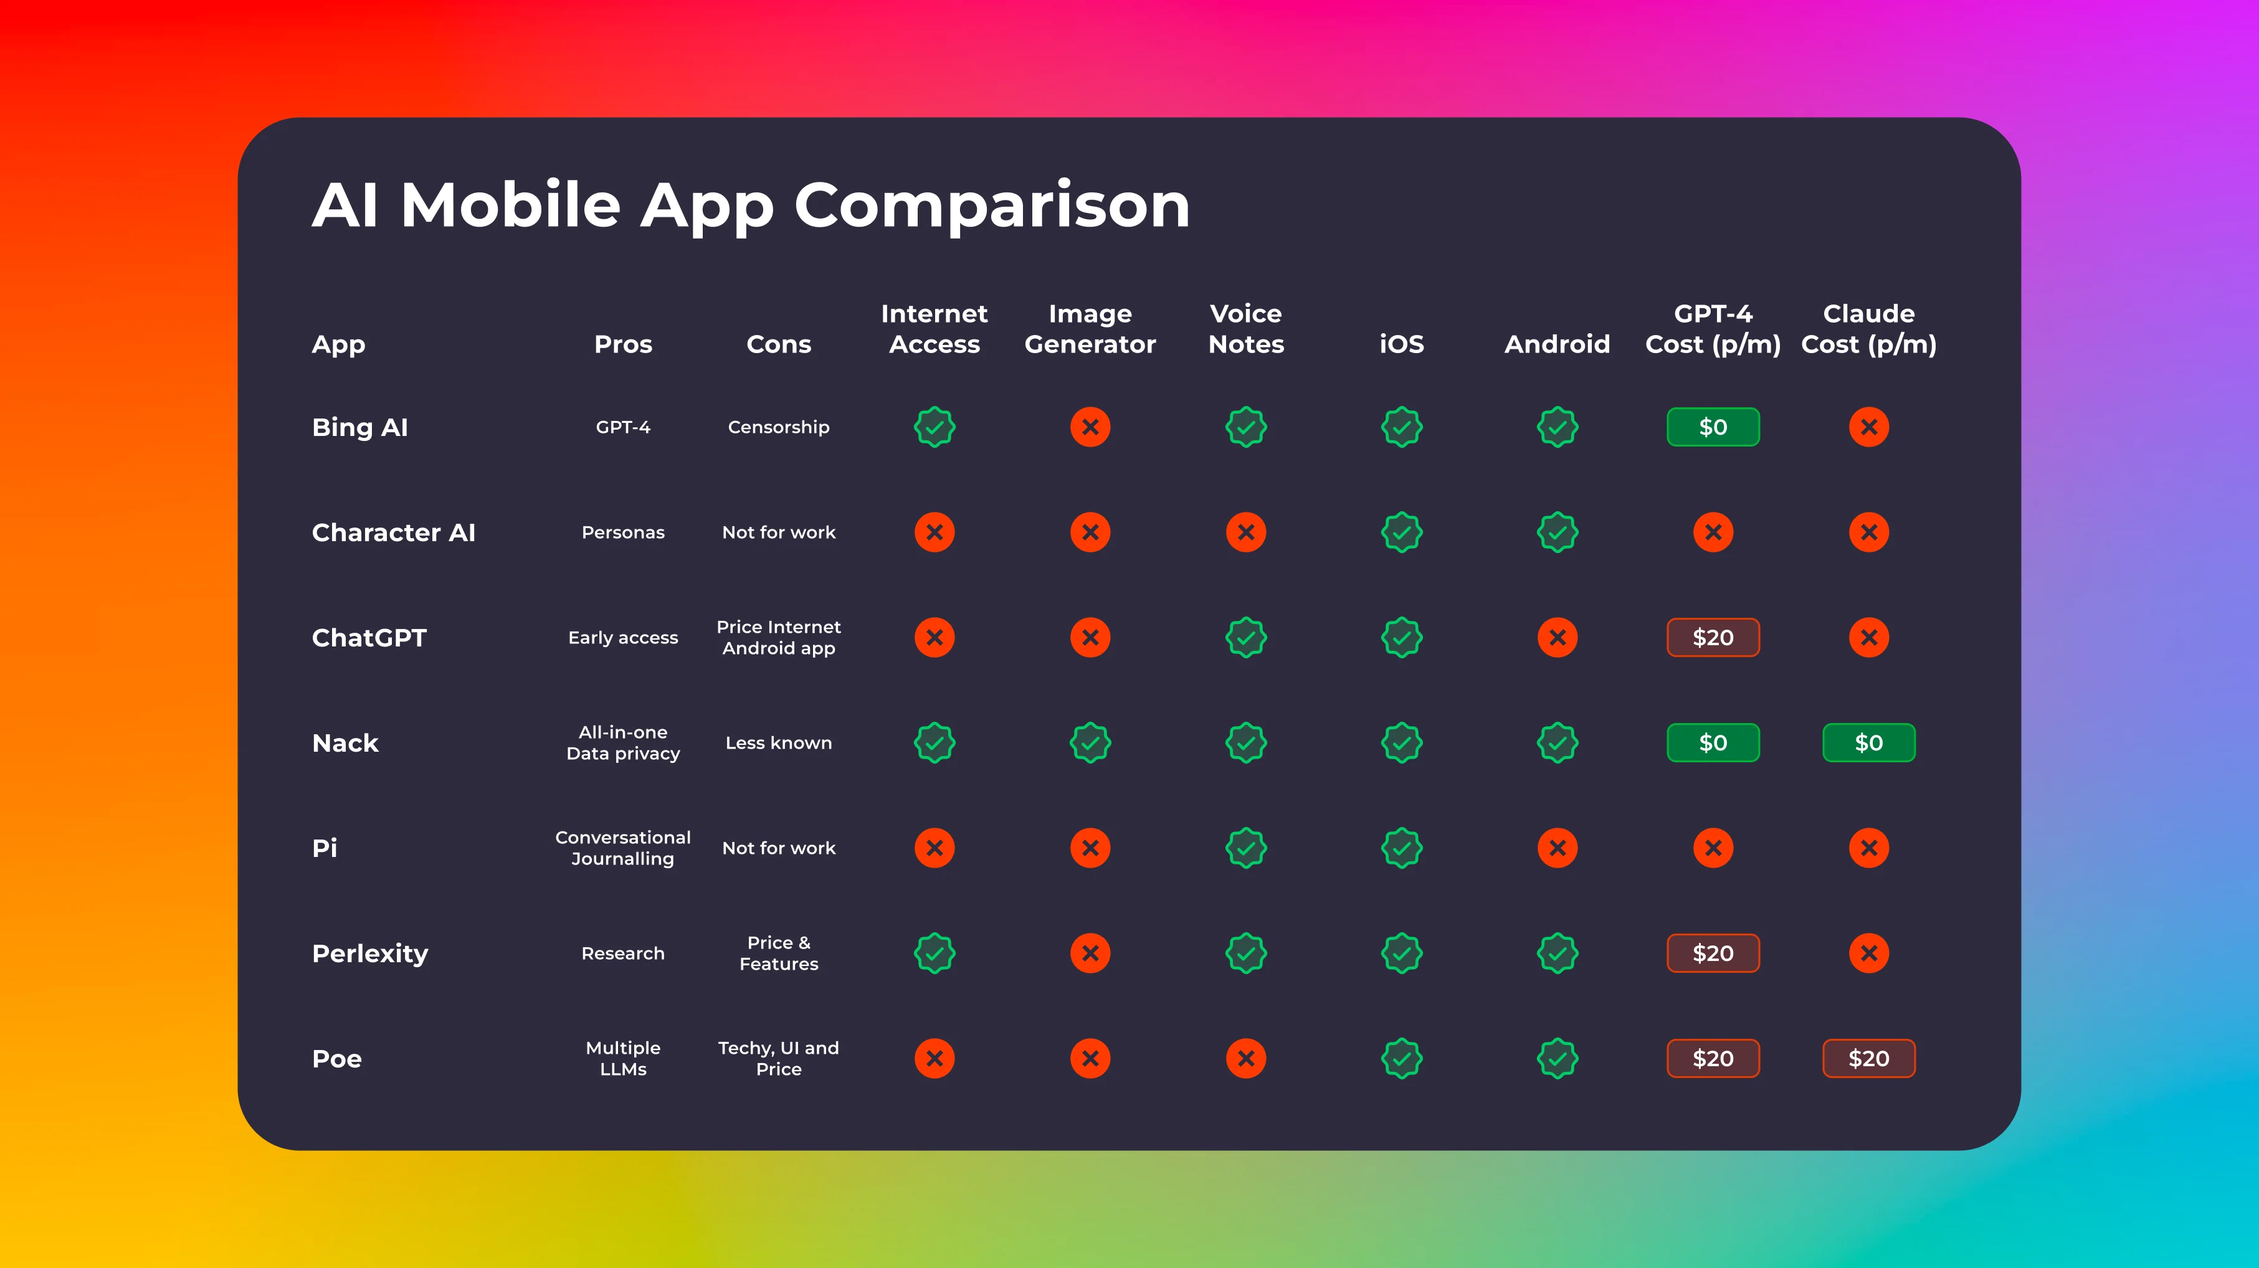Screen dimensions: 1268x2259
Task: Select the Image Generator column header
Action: point(1090,329)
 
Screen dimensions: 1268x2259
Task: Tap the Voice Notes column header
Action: point(1246,329)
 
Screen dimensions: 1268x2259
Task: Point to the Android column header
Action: point(1558,344)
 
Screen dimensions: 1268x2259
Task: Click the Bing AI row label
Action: point(359,427)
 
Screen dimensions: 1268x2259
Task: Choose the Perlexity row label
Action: point(370,953)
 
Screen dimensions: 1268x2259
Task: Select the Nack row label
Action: point(346,743)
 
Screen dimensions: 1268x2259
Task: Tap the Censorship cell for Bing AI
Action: point(779,427)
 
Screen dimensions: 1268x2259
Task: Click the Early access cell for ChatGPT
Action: point(622,638)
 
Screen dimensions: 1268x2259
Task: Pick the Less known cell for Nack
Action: point(779,743)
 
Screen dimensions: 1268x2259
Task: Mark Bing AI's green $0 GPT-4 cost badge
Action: point(1713,427)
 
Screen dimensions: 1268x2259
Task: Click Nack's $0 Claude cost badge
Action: point(1869,743)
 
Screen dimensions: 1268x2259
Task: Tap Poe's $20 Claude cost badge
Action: point(1869,1058)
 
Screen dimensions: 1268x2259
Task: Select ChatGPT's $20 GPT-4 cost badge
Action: point(1713,638)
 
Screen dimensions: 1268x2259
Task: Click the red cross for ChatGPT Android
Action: point(1558,638)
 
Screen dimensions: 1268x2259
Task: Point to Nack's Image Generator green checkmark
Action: point(1090,743)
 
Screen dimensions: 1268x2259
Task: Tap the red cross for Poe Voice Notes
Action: point(1246,1058)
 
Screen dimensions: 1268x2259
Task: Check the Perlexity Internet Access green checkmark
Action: point(935,953)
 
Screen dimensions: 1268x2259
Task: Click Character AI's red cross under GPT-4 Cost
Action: point(1713,532)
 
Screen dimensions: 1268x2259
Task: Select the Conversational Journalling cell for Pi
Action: point(622,848)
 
